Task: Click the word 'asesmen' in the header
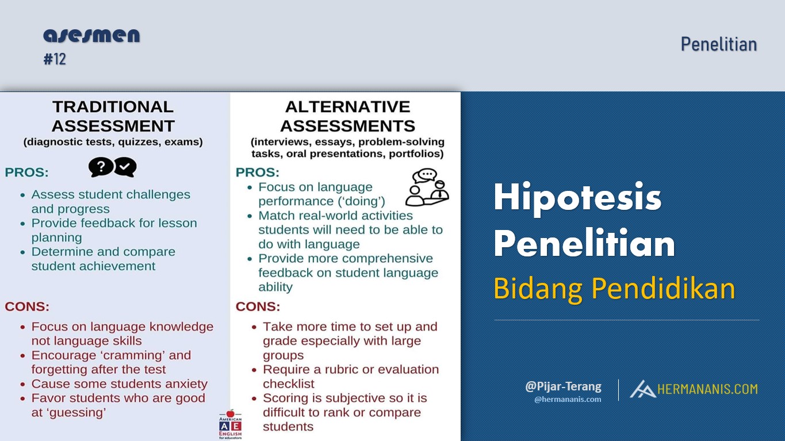pyautogui.click(x=91, y=36)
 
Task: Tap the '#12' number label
pyautogui.click(x=55, y=59)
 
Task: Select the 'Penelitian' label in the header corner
pyautogui.click(x=718, y=44)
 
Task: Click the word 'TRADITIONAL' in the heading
pyautogui.click(x=113, y=107)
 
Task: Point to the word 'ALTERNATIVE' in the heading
pyautogui.click(x=347, y=107)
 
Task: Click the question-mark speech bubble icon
pyautogui.click(x=101, y=167)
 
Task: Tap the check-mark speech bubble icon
pyautogui.click(x=125, y=167)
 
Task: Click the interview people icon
pyautogui.click(x=427, y=187)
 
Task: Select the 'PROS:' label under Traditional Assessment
pyautogui.click(x=26, y=172)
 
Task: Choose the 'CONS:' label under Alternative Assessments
pyautogui.click(x=258, y=306)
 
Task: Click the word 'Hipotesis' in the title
pyautogui.click(x=577, y=198)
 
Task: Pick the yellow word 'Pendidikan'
pyautogui.click(x=663, y=289)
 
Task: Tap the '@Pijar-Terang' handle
pyautogui.click(x=563, y=386)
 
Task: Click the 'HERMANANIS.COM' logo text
pyautogui.click(x=707, y=389)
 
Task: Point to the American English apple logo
pyautogui.click(x=230, y=424)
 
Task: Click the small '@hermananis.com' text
pyautogui.click(x=568, y=400)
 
